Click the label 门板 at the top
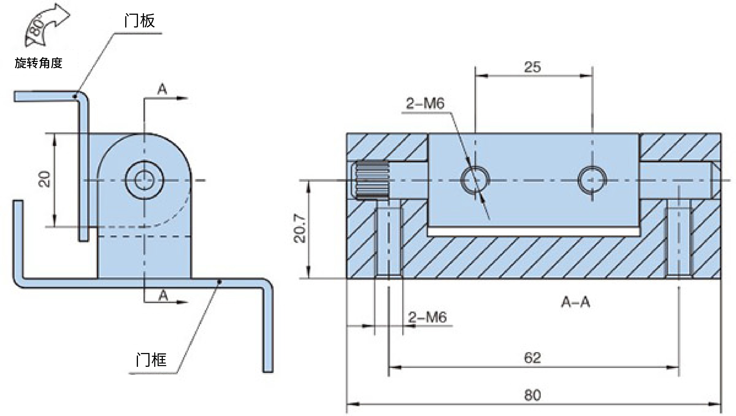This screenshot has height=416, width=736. (140, 21)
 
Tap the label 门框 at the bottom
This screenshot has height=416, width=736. (151, 360)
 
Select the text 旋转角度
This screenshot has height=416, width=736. (38, 63)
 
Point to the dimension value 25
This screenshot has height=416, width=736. (532, 67)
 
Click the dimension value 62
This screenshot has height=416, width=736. (532, 358)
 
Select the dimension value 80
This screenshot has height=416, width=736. (532, 395)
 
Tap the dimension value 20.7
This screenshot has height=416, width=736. (300, 228)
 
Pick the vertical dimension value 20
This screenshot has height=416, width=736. (44, 179)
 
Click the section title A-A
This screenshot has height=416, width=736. (575, 302)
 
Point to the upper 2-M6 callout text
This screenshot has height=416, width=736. (425, 103)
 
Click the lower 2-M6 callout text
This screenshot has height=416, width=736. (427, 317)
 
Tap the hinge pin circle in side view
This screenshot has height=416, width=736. (126, 180)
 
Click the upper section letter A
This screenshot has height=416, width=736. (162, 89)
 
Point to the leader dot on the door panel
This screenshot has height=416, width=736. (75, 96)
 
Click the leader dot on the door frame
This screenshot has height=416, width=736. (219, 281)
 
